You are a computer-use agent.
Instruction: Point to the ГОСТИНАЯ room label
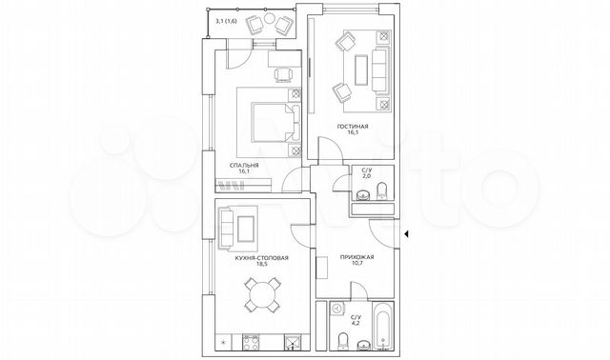click(x=354, y=126)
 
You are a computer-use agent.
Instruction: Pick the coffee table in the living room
click(x=362, y=68)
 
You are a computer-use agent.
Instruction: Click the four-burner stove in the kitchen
click(x=252, y=340)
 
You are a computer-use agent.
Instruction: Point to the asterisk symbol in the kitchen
click(x=223, y=340)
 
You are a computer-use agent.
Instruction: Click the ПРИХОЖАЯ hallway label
click(x=356, y=258)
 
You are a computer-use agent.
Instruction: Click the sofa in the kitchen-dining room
click(x=229, y=227)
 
